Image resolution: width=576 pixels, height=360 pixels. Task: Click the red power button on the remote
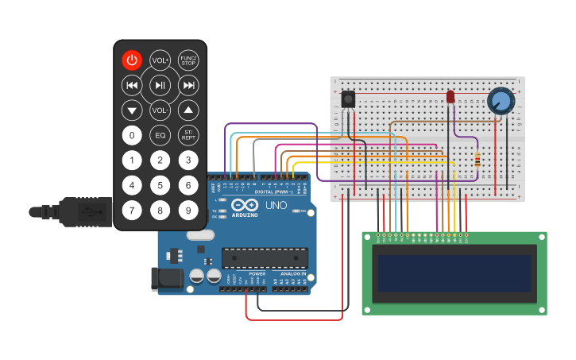(x=131, y=60)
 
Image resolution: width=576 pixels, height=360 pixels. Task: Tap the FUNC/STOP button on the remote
(x=188, y=60)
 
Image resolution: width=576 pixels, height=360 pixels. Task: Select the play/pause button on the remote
(x=160, y=85)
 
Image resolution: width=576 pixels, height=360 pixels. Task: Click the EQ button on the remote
(x=160, y=135)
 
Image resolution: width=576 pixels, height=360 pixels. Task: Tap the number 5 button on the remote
(x=160, y=185)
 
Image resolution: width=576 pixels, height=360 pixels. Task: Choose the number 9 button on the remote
(x=188, y=211)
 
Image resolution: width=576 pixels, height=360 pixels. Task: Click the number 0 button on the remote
(x=131, y=135)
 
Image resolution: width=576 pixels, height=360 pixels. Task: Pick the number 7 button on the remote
(x=131, y=211)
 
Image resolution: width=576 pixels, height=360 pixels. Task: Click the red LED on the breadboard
(x=450, y=96)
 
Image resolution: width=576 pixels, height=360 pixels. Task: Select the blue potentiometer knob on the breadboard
(x=501, y=101)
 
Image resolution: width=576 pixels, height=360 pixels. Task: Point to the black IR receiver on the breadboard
(x=347, y=99)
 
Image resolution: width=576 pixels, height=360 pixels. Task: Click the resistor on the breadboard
(x=477, y=160)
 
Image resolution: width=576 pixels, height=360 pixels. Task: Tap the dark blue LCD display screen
(x=454, y=273)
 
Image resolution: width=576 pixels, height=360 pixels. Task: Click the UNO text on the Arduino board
(x=276, y=206)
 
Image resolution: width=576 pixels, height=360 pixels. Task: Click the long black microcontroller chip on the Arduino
(x=264, y=257)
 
